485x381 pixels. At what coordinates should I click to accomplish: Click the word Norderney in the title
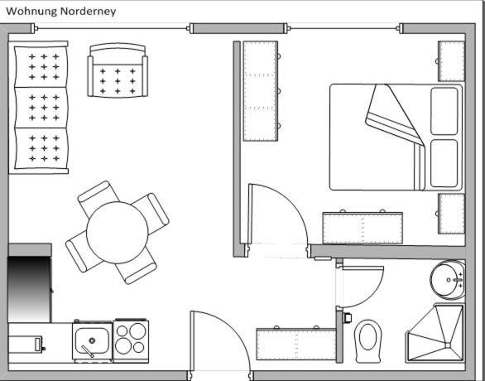tap(89, 12)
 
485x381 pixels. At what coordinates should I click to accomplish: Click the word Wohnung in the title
tap(31, 12)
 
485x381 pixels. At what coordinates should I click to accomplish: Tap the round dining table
tap(118, 233)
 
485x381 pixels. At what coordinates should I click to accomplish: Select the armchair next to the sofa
tap(118, 70)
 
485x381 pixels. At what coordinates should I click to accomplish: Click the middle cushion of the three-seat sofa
tap(41, 108)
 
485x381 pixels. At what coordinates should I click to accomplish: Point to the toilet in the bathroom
tap(367, 341)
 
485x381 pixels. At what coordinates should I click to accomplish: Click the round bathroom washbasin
tap(447, 280)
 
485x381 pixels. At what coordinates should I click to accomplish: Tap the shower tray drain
tap(448, 345)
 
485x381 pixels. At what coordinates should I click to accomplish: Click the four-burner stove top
tap(131, 340)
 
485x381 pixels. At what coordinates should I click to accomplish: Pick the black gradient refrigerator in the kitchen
tap(29, 289)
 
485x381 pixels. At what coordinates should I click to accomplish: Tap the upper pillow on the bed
tap(444, 111)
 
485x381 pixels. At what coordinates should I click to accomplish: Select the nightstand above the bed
tap(451, 61)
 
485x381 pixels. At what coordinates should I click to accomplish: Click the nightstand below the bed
tap(451, 214)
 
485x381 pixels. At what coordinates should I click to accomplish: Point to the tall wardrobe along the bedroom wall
tap(261, 91)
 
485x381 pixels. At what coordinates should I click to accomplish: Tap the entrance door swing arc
tap(236, 330)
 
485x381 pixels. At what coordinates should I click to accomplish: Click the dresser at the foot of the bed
tap(363, 228)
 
